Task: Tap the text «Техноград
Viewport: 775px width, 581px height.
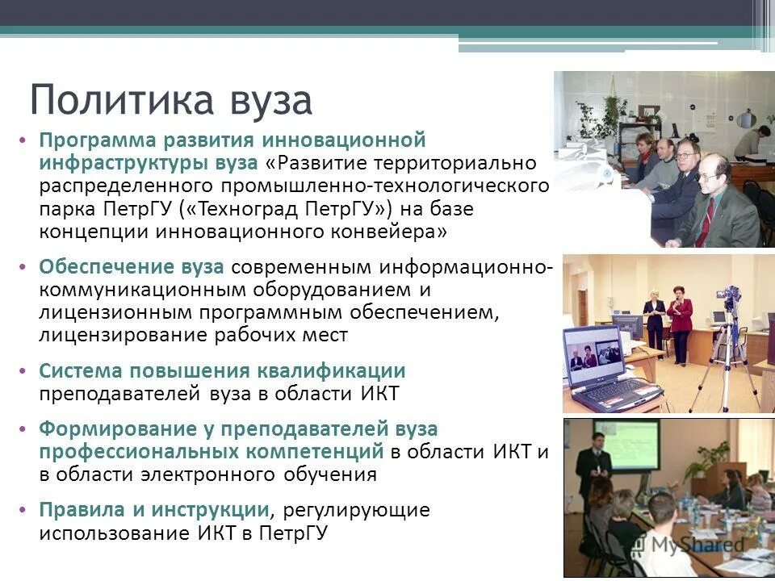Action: point(237,210)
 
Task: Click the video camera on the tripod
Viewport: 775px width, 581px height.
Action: point(731,299)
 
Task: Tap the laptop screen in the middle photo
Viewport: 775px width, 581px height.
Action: point(597,352)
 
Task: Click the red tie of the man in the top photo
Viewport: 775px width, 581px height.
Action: point(710,218)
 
